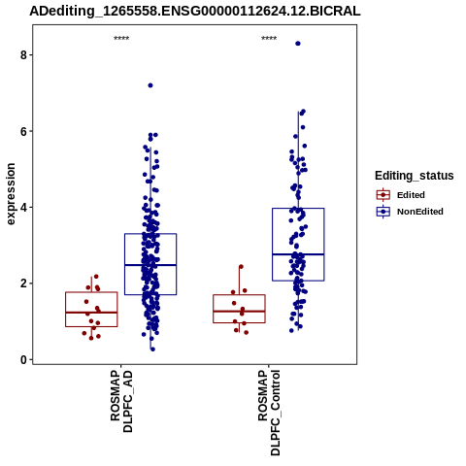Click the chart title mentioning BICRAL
(x=195, y=12)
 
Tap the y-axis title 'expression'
(x=11, y=194)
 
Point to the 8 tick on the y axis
(x=23, y=55)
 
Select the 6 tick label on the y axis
(x=23, y=131)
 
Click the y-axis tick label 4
(x=23, y=207)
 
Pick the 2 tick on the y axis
(x=23, y=283)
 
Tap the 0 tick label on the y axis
(x=23, y=359)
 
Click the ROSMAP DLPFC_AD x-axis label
(x=121, y=401)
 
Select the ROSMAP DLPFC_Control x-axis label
(x=269, y=413)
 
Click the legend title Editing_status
(x=415, y=176)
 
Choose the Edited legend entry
(x=400, y=195)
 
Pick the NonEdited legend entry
(x=410, y=212)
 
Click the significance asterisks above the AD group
(x=121, y=39)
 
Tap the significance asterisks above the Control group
(x=269, y=39)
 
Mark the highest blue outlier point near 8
(x=298, y=44)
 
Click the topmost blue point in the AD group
(x=150, y=85)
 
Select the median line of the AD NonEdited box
(x=150, y=265)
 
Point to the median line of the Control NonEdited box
(x=298, y=254)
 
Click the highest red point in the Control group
(x=241, y=267)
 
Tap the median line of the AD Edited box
(x=91, y=313)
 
